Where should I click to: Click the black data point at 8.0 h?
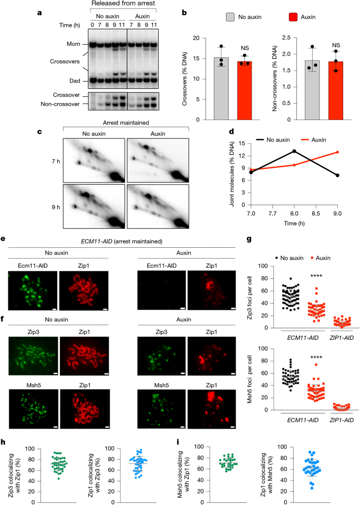tap(293, 151)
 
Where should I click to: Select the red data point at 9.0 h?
tap(336, 153)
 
